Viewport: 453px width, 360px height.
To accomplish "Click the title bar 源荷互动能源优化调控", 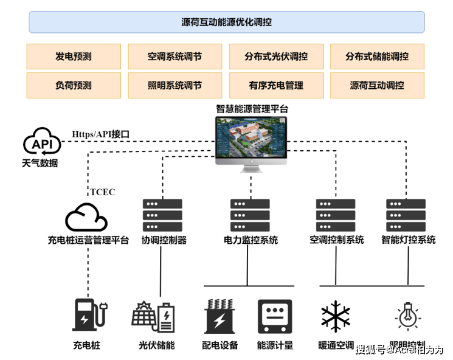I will point(226,22).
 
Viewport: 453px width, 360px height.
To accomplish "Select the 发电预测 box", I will point(73,57).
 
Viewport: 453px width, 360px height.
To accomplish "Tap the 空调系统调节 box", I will point(175,57).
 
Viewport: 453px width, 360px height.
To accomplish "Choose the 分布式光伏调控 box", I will point(276,57).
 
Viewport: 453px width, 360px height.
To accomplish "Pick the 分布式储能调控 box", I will point(377,57).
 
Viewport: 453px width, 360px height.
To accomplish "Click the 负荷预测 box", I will point(73,86).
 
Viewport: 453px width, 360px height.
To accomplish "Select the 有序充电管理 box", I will point(276,86).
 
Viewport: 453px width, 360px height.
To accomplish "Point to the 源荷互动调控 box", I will point(377,86).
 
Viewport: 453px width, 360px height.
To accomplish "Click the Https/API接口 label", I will point(101,134).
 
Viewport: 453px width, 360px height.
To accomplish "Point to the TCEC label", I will point(103,192).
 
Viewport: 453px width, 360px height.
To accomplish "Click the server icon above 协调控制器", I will point(161,215).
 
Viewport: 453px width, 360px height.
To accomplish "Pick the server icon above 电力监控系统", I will point(249,215).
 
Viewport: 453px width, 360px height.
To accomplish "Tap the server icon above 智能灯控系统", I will point(406,215).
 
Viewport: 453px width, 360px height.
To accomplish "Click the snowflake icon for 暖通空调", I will point(335,317).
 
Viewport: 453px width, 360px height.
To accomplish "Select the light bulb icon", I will point(406,316).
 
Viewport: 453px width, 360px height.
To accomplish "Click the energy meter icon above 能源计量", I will point(275,316).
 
